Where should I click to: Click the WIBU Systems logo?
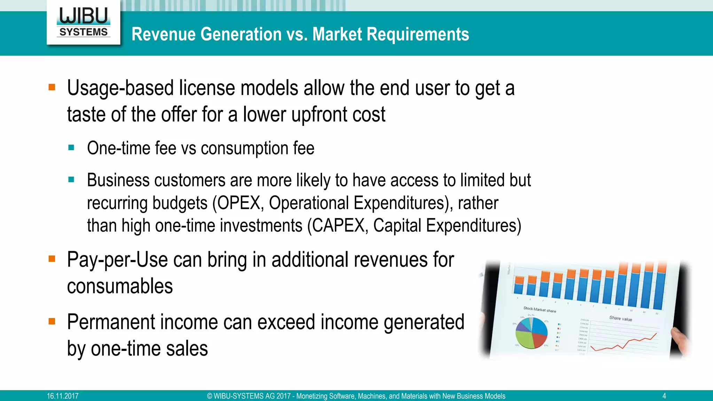[84, 22]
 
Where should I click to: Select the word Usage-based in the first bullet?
[120, 88]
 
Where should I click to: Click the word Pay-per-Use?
[117, 260]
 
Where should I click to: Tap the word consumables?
[120, 286]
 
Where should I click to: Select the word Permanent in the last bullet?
[111, 322]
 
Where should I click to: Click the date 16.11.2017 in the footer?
[63, 396]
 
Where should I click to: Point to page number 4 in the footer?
[664, 396]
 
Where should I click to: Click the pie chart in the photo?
[531, 333]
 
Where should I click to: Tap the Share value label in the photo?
[620, 318]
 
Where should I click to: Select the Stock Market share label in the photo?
[540, 309]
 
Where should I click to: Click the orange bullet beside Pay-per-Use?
[52, 259]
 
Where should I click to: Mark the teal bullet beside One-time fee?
[71, 147]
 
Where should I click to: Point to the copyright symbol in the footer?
[210, 396]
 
